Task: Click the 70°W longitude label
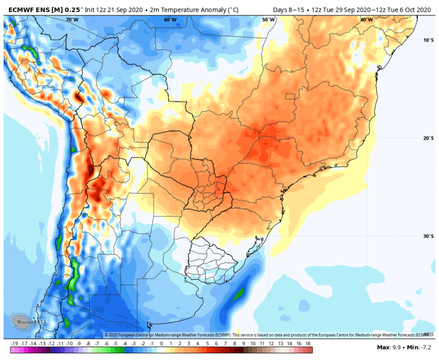coord(72,20)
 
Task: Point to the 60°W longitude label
coord(170,20)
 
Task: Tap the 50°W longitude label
coord(268,20)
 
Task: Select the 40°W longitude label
coord(366,20)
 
